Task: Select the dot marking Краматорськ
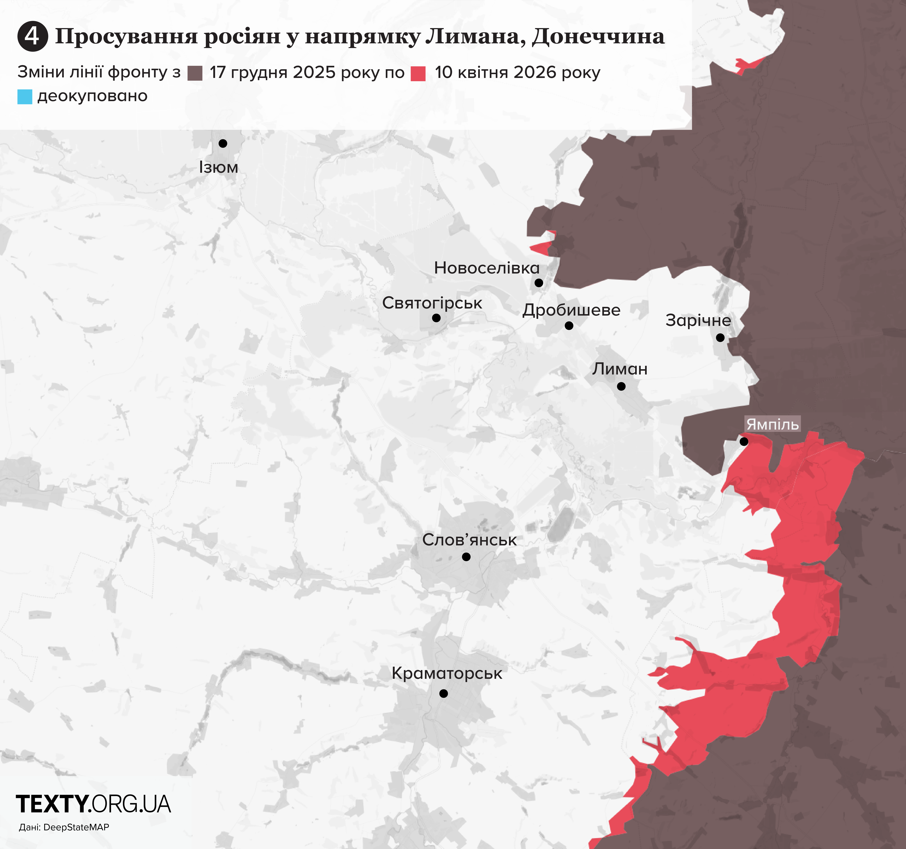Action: [x=443, y=693]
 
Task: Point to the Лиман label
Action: [x=620, y=369]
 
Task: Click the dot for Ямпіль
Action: [x=744, y=441]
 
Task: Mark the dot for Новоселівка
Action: [x=539, y=283]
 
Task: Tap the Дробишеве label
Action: [x=571, y=310]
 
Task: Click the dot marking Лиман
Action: [x=621, y=386]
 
